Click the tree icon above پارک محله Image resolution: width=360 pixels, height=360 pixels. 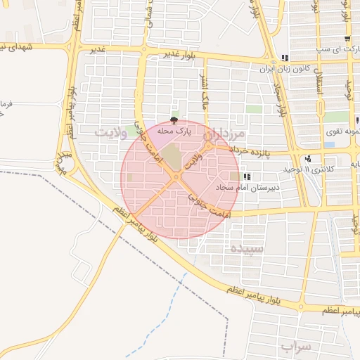(x=174, y=121)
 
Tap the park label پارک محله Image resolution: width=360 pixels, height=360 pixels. (x=174, y=131)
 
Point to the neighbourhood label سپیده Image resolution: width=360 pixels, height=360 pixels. (x=247, y=248)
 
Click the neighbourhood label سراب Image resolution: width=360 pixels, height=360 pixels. (x=296, y=347)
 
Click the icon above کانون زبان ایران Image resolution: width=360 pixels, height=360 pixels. (x=284, y=59)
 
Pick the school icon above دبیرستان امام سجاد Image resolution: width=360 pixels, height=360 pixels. (x=245, y=176)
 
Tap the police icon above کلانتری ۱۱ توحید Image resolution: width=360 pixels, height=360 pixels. (x=308, y=158)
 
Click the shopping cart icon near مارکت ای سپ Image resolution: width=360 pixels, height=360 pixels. (x=347, y=38)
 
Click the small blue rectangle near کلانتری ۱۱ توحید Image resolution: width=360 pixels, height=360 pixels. (x=329, y=146)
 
